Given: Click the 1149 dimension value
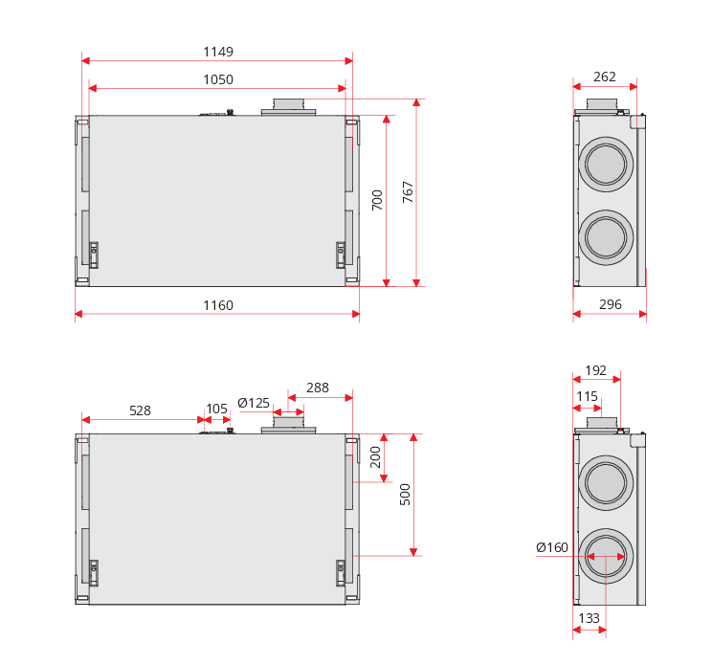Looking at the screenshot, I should tap(218, 52).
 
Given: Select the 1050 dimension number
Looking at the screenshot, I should tap(218, 79).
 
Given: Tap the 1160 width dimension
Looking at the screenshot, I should tap(218, 305).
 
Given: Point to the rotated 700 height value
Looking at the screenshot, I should tap(377, 200).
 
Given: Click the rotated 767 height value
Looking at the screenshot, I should tap(408, 192).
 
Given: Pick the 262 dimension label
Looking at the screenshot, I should tap(605, 77).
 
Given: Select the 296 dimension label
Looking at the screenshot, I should tap(610, 304).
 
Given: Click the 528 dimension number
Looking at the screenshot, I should tap(140, 410).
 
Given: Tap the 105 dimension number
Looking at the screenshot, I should tap(217, 409).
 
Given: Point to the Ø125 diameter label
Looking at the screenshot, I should tap(254, 403).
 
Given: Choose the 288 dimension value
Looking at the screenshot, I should tap(318, 388).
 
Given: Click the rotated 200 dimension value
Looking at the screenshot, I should tap(376, 456).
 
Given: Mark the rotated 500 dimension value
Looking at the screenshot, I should tap(405, 494).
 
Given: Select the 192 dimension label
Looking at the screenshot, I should tap(595, 370).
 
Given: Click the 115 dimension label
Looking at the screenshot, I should tap(587, 396).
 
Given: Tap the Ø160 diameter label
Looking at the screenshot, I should tap(552, 547).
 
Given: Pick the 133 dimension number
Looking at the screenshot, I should tap(590, 618).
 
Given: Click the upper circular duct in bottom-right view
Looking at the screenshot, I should tap(606, 481).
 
